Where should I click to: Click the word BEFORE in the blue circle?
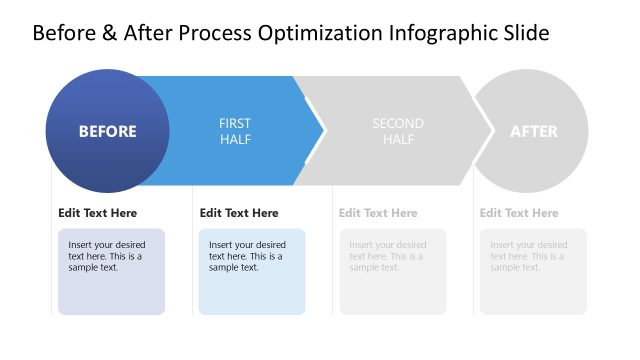pos(107,131)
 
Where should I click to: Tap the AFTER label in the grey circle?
pos(534,131)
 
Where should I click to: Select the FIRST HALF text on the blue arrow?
pos(235,131)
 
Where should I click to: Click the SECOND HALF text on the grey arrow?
pos(398,131)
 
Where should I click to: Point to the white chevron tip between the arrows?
pos(322,131)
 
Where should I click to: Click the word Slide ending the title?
pos(525,33)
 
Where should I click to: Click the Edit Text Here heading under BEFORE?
pos(97,213)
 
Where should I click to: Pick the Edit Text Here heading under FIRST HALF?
pos(239,213)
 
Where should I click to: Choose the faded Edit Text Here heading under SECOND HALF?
pos(378,213)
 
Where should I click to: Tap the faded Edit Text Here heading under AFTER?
pos(519,213)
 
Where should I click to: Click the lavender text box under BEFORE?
pos(111,272)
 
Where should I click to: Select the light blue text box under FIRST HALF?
pos(252,272)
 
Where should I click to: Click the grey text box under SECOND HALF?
pos(392,272)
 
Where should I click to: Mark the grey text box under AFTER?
pos(533,272)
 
